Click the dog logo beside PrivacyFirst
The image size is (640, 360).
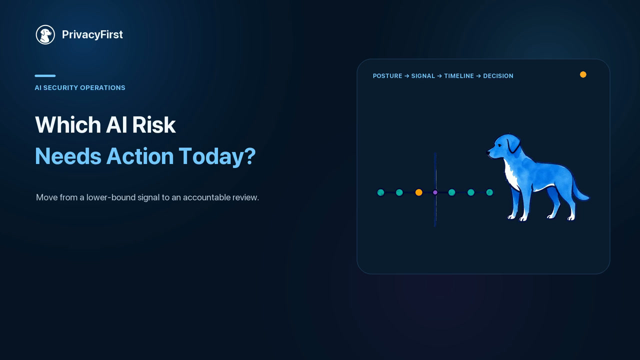click(45, 34)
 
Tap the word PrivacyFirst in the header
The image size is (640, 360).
click(92, 34)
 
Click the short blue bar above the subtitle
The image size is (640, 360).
click(45, 75)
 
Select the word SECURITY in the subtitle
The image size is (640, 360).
click(60, 87)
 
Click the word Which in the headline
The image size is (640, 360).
click(68, 124)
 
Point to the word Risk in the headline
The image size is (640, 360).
click(153, 124)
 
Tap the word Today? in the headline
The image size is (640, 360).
click(217, 156)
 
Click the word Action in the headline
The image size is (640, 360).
click(140, 156)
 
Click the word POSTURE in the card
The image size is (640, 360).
click(387, 76)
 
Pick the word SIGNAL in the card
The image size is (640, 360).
click(423, 76)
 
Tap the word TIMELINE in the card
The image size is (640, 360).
click(459, 76)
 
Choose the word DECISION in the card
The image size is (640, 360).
click(498, 76)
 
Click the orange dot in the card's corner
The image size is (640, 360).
click(583, 74)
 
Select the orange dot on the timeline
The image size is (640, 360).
click(419, 192)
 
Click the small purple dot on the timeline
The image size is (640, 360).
click(435, 192)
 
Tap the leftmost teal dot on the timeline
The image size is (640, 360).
click(381, 192)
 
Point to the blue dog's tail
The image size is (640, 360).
click(579, 189)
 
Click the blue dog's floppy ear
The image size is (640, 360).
click(513, 145)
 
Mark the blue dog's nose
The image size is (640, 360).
click(487, 152)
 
